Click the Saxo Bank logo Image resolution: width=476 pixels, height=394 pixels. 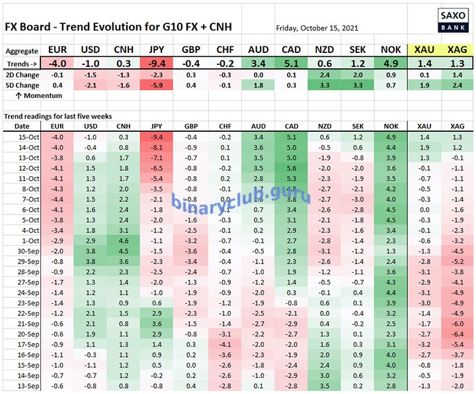point(454,20)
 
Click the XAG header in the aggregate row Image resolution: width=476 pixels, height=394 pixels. point(456,50)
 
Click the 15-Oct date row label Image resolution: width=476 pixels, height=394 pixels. point(22,136)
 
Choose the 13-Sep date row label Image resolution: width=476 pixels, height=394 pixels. point(22,385)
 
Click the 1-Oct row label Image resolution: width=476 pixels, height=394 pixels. point(22,240)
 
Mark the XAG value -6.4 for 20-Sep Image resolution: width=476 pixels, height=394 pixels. point(456,334)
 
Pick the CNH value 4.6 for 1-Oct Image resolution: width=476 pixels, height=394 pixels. point(123,240)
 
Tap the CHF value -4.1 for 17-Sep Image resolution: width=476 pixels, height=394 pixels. point(225,344)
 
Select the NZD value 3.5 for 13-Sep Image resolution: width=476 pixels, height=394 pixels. point(325,385)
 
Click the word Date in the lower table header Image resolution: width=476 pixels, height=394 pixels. point(22,125)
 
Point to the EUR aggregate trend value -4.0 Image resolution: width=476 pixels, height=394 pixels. point(57,64)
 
